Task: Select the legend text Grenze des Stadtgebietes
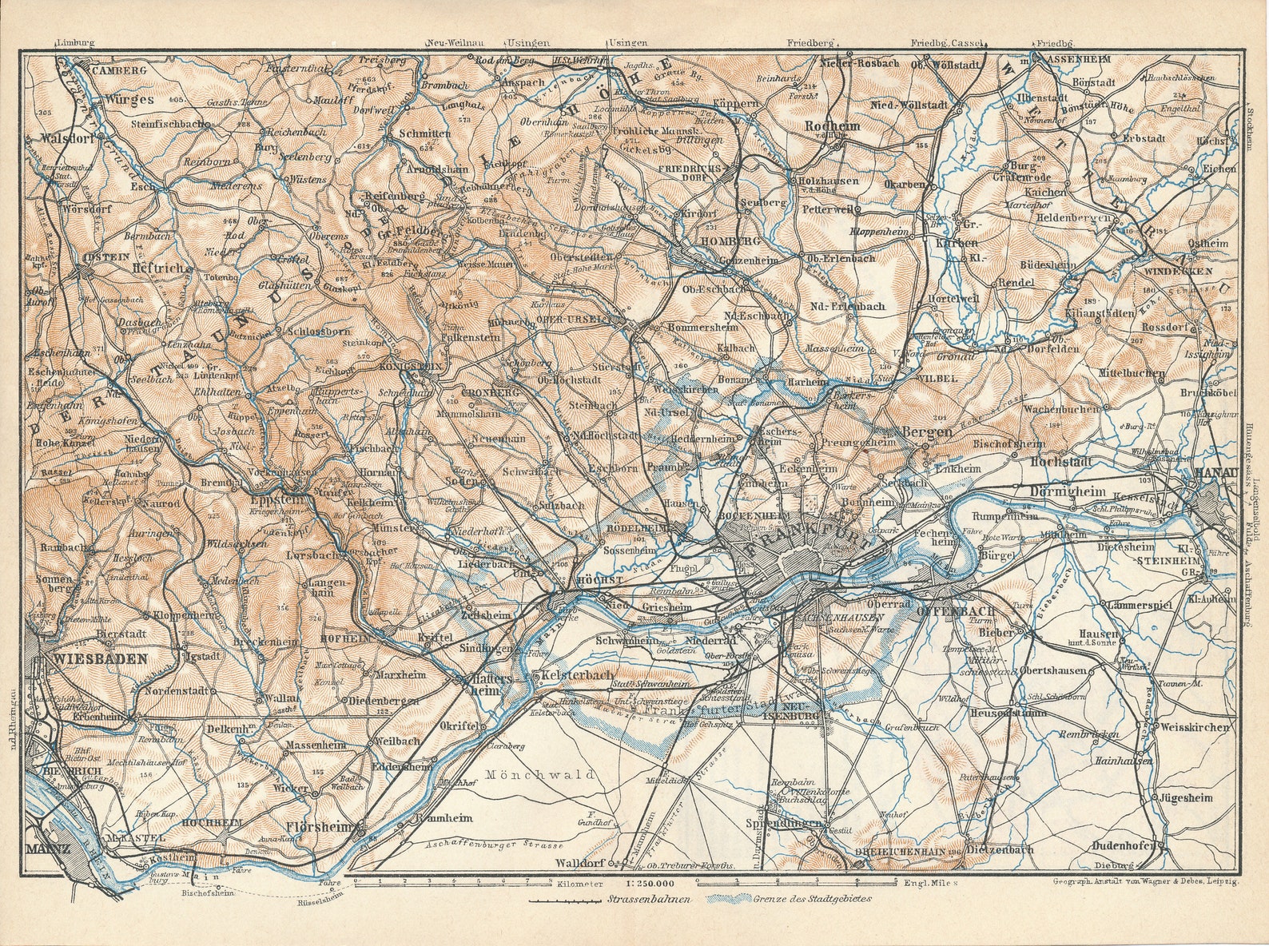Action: (x=810, y=899)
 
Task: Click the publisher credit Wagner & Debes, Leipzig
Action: (x=1175, y=881)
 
